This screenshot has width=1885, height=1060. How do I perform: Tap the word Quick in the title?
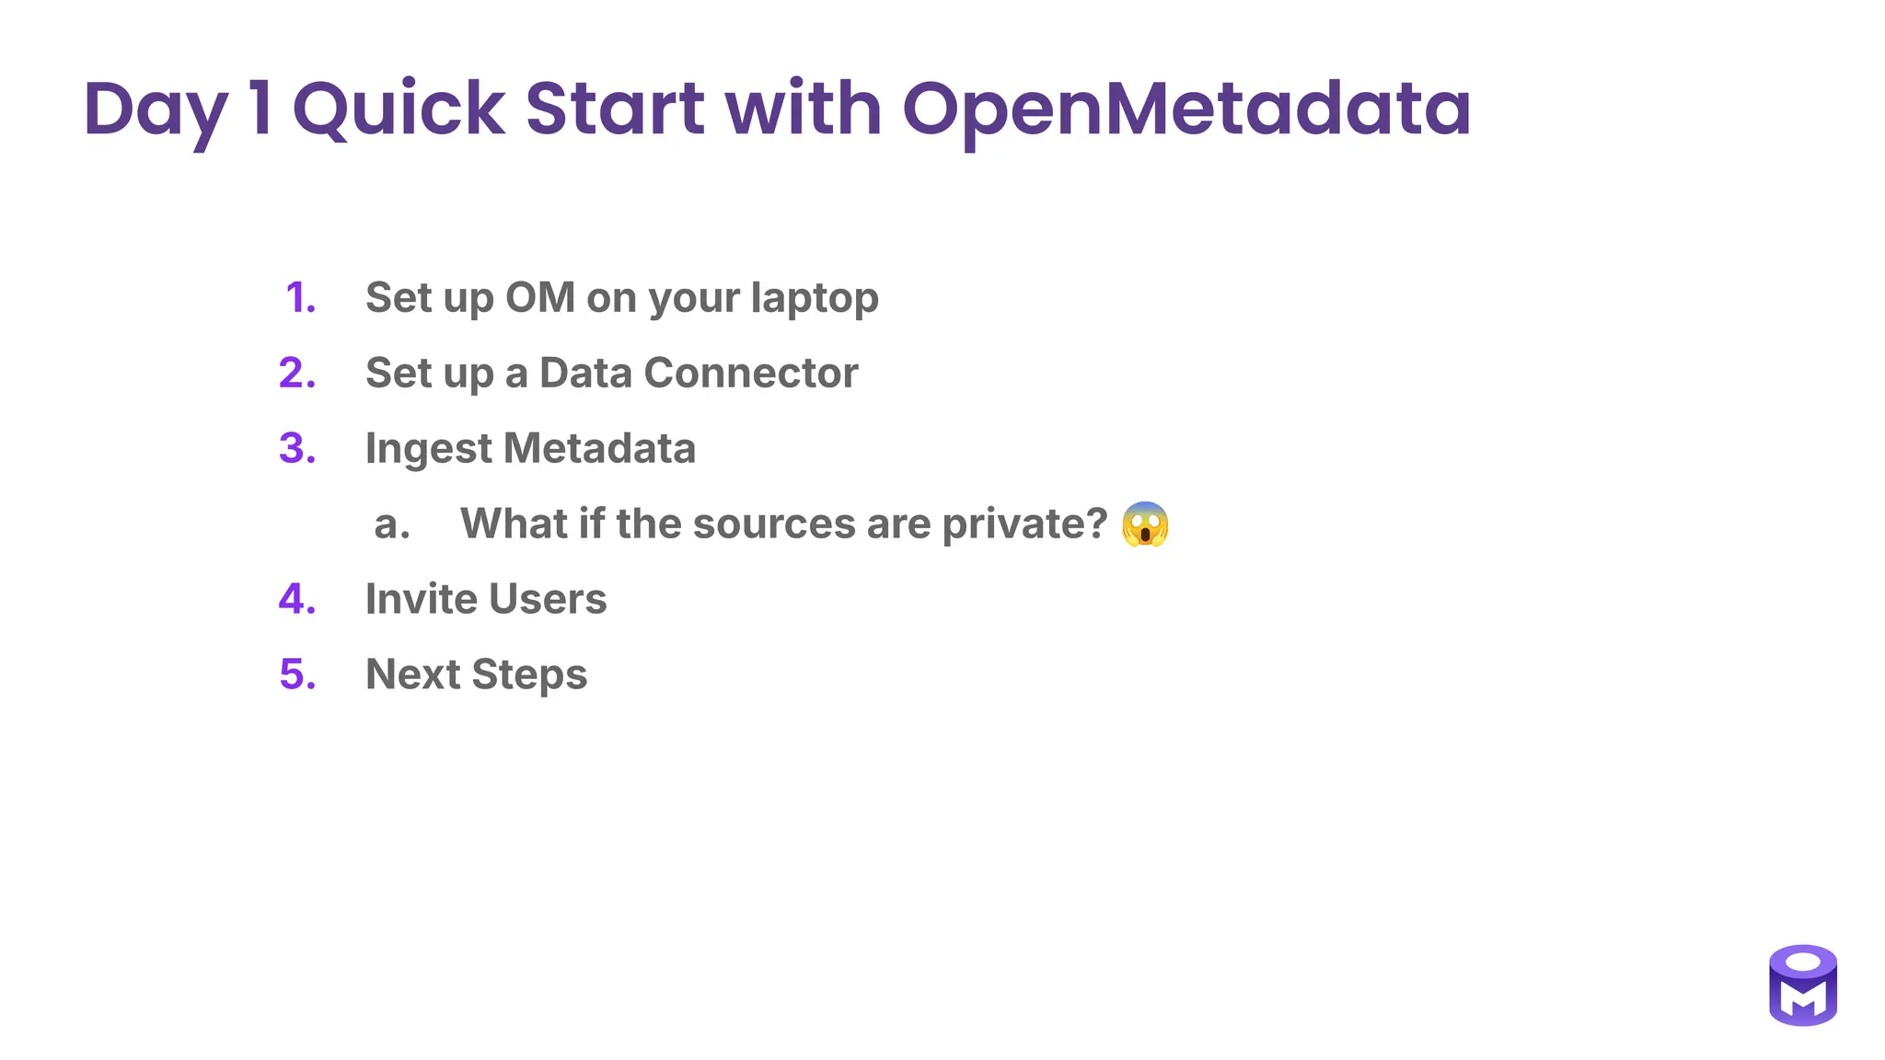pyautogui.click(x=399, y=110)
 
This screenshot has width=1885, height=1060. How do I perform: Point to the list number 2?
pyautogui.click(x=297, y=374)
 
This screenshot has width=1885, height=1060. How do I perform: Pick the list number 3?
pyautogui.click(x=297, y=449)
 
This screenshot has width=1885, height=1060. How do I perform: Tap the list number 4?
pyautogui.click(x=297, y=600)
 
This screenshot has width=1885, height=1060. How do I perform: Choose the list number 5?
pyautogui.click(x=297, y=674)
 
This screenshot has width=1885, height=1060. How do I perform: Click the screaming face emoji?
pyautogui.click(x=1145, y=524)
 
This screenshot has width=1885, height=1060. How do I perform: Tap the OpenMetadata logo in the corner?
pyautogui.click(x=1802, y=985)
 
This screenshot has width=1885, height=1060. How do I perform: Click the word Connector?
pyautogui.click(x=750, y=374)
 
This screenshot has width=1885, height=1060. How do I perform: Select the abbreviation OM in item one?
pyautogui.click(x=540, y=298)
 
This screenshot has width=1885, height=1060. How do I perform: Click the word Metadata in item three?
pyautogui.click(x=599, y=449)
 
